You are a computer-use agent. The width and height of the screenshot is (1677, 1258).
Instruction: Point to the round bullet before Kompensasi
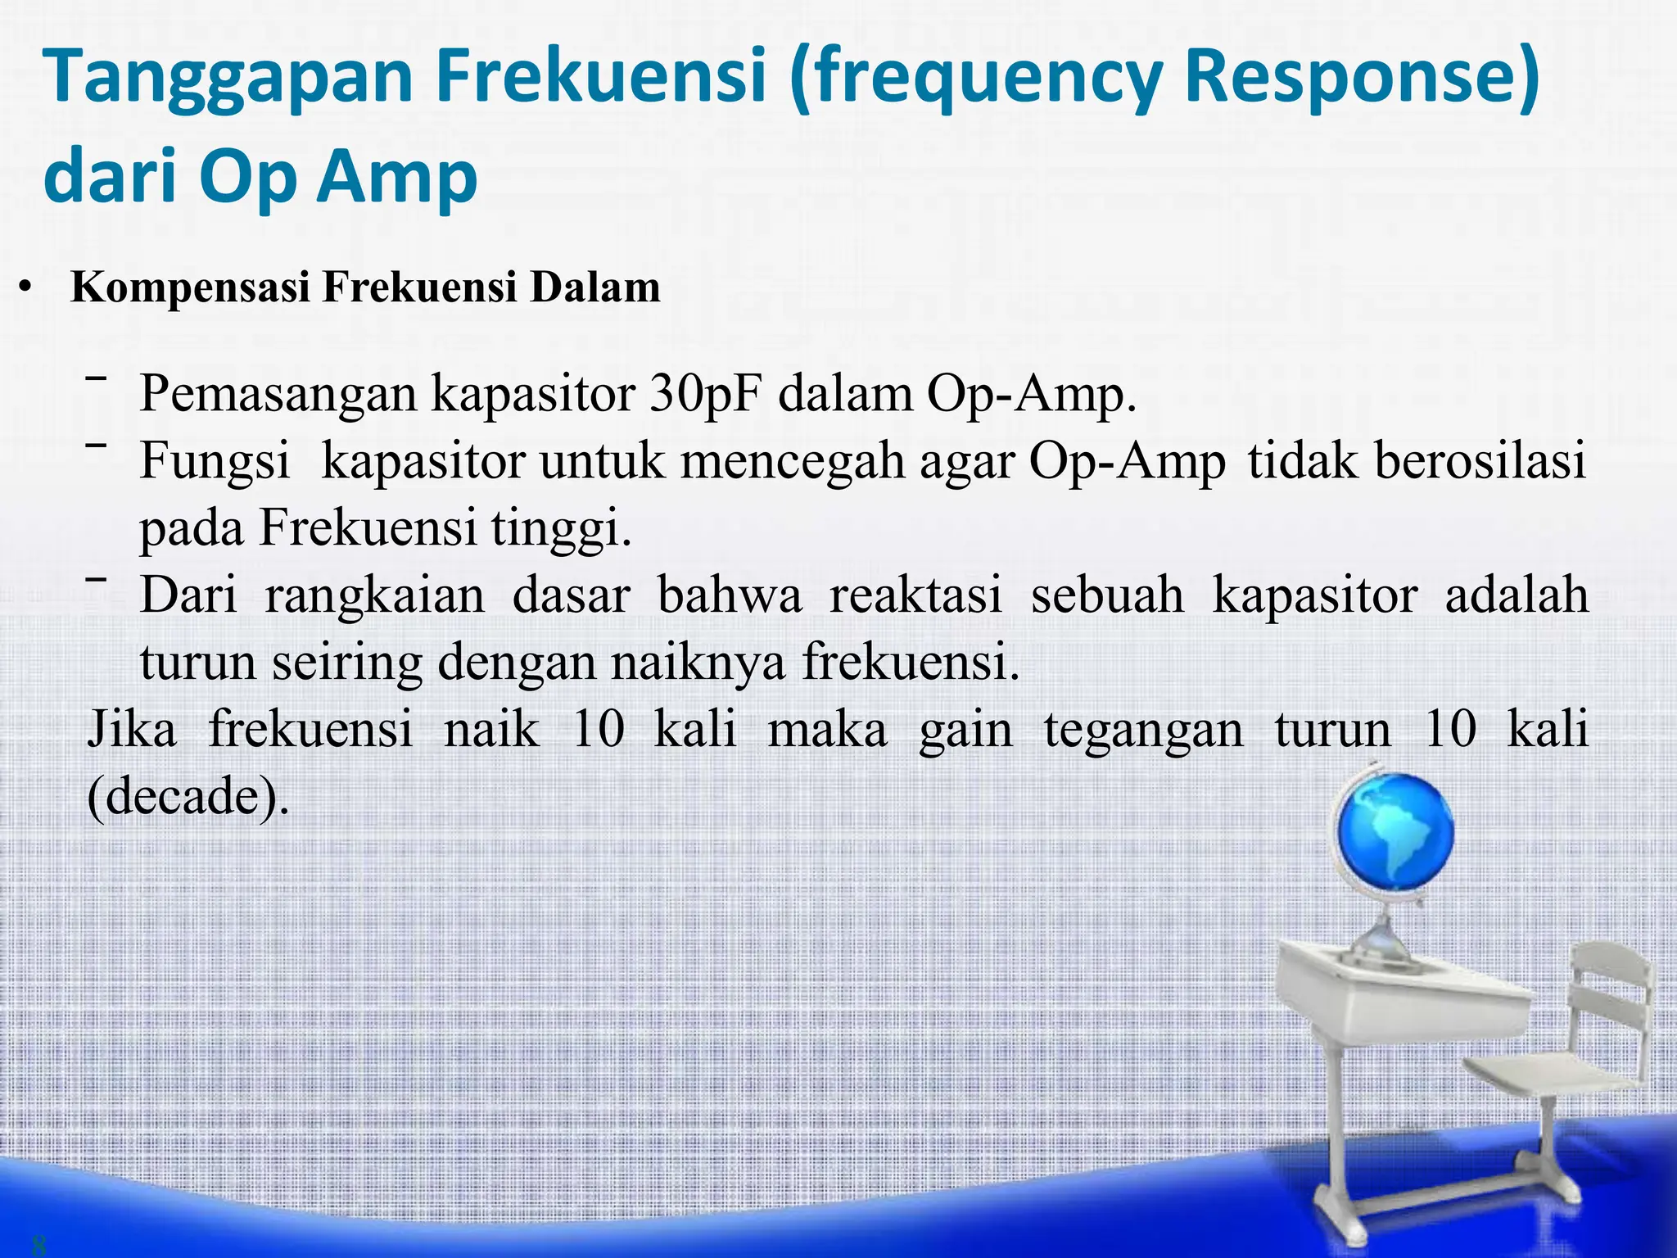[x=26, y=288]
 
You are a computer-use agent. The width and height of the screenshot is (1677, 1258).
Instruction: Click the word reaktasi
[x=915, y=595]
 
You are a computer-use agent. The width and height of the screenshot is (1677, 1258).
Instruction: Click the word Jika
[x=132, y=729]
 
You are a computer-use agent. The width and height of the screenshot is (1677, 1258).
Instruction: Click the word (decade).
[x=188, y=795]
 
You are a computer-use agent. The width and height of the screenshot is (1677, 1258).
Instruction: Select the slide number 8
[x=38, y=1246]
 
